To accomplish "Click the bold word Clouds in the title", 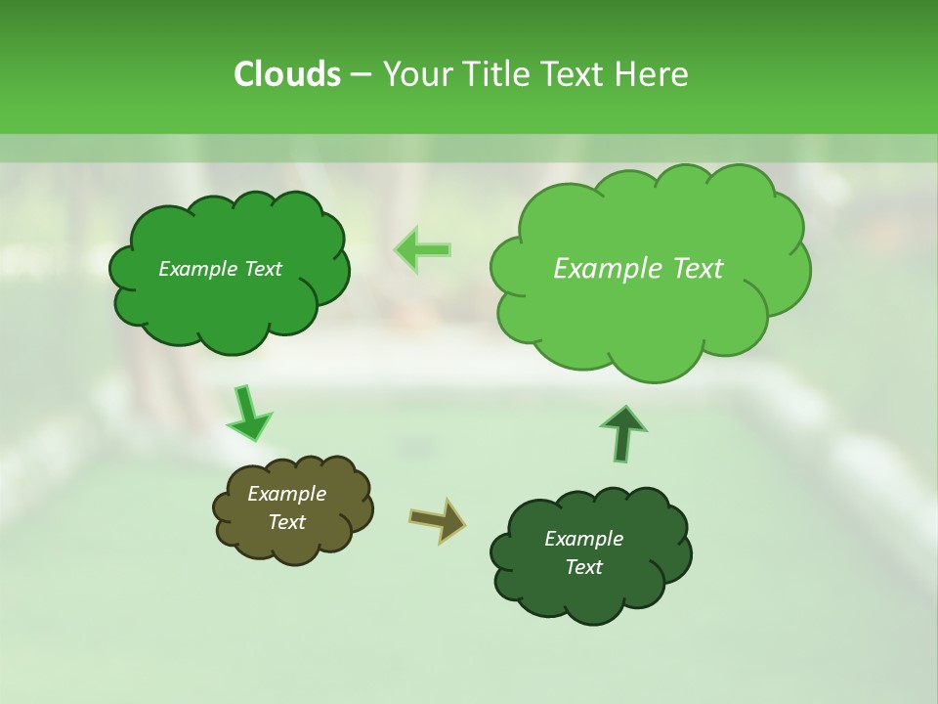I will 287,74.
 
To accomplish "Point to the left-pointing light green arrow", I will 423,249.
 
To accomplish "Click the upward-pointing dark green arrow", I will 622,433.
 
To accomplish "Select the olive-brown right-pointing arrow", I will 438,519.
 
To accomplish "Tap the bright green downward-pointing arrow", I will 248,414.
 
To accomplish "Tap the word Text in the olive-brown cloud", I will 287,522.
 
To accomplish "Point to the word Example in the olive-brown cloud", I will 287,494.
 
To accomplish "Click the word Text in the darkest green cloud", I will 584,567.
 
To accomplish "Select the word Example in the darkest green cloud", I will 584,539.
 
